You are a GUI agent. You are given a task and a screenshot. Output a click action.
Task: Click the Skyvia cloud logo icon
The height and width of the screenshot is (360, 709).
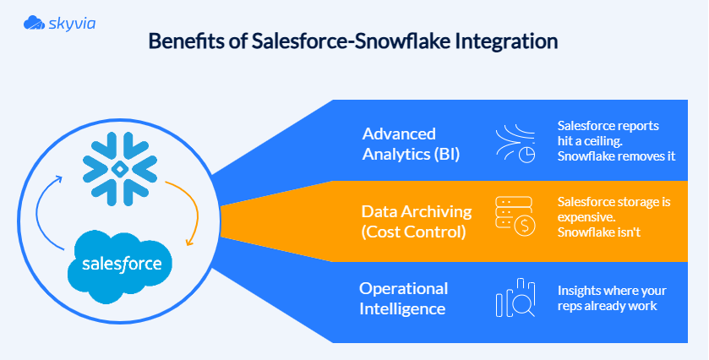click(35, 23)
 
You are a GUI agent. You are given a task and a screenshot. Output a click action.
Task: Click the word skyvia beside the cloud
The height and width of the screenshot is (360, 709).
click(73, 23)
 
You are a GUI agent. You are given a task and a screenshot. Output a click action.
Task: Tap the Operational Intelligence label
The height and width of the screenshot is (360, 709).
click(403, 298)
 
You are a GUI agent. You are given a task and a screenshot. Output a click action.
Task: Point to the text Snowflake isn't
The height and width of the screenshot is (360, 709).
click(599, 231)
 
